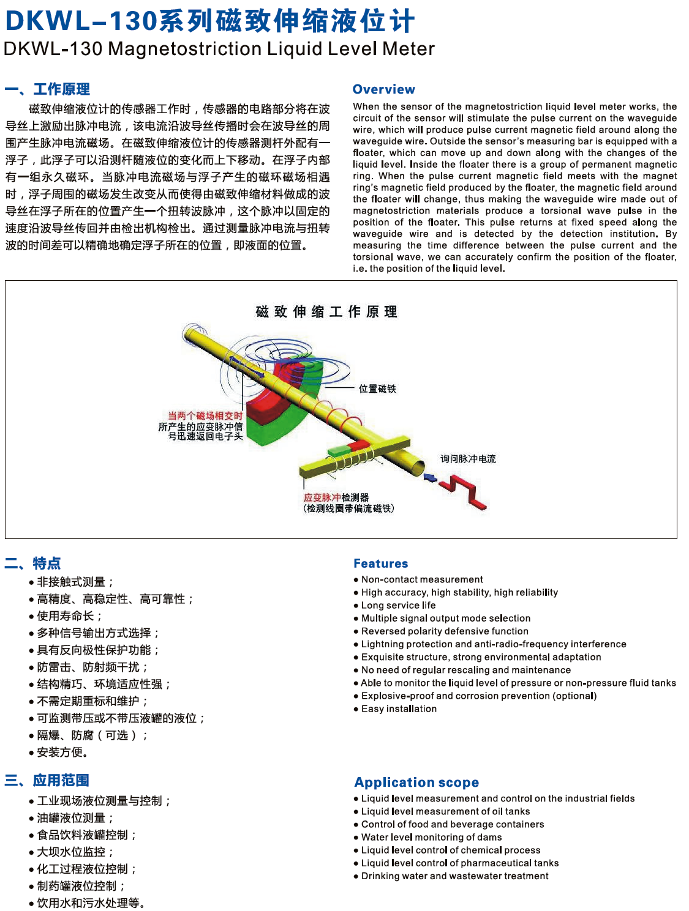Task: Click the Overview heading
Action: tap(383, 89)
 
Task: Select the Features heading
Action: tap(380, 563)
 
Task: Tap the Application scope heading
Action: tap(416, 782)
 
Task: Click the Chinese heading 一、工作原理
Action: tap(47, 89)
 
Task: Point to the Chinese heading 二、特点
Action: tap(33, 563)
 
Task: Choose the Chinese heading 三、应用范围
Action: tap(47, 780)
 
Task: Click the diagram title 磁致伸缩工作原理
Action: tap(326, 312)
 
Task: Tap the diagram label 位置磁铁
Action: tap(377, 389)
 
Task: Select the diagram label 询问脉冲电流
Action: tap(468, 459)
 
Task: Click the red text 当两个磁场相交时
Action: tap(206, 416)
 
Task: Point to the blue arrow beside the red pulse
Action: tap(430, 477)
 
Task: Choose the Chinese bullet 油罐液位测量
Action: tap(72, 818)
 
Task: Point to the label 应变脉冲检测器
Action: tap(336, 497)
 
